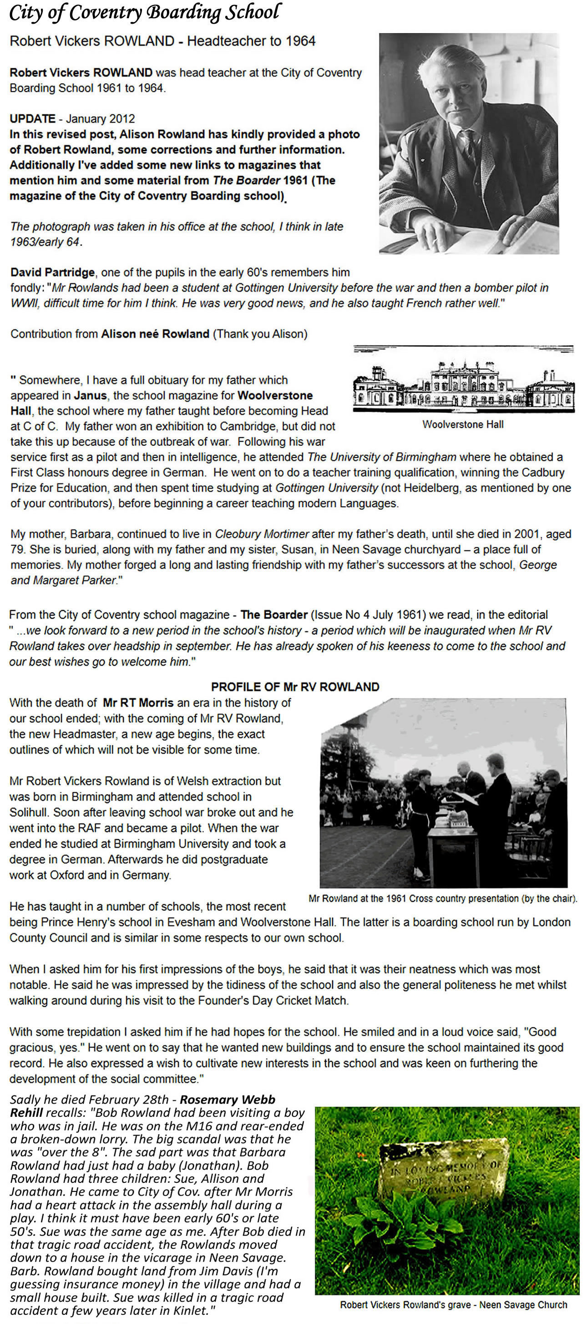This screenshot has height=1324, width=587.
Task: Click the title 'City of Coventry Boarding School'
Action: pyautogui.click(x=145, y=13)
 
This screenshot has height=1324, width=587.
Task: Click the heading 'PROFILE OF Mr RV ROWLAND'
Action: pyautogui.click(x=295, y=687)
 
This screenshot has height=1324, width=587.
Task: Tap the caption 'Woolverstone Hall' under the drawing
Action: pyautogui.click(x=463, y=424)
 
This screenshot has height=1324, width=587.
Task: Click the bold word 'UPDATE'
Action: pyautogui.click(x=32, y=119)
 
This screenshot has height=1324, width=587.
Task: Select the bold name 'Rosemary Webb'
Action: pyautogui.click(x=228, y=1100)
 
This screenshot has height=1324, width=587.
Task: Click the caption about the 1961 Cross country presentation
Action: pyautogui.click(x=443, y=898)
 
